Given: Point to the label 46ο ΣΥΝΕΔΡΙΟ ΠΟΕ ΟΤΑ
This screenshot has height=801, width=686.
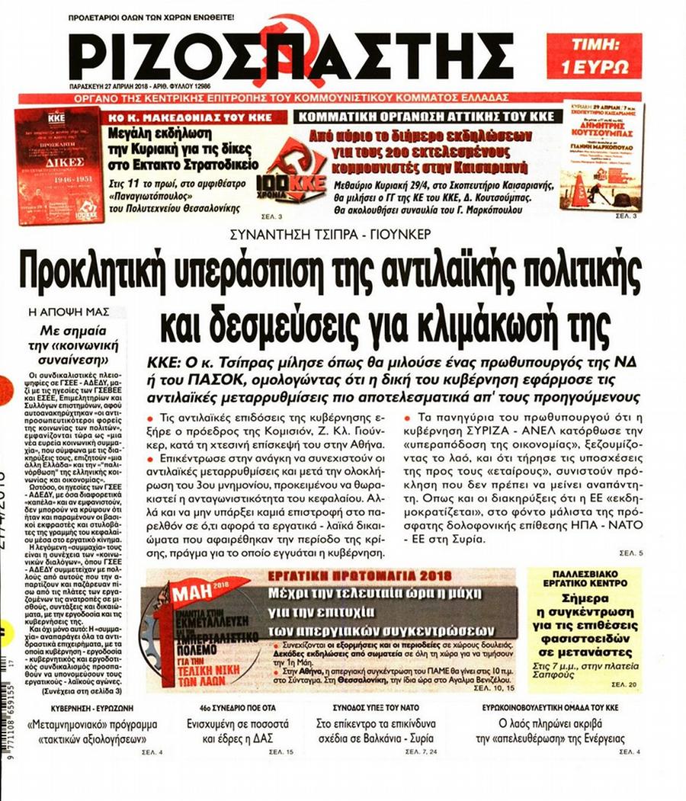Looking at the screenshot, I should pyautogui.click(x=232, y=707).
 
